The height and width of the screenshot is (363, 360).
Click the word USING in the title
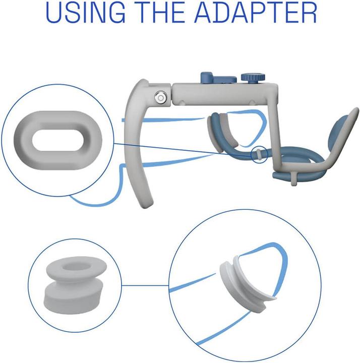coord(86,12)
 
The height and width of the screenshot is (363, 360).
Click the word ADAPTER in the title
coord(256,12)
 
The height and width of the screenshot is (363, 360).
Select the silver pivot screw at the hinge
coord(160,97)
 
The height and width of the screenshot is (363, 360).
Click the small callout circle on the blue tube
coord(259,154)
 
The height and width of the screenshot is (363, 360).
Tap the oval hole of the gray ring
coord(58,140)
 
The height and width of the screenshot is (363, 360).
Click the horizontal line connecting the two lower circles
coord(145,285)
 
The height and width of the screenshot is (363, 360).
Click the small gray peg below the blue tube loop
coord(293,178)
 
